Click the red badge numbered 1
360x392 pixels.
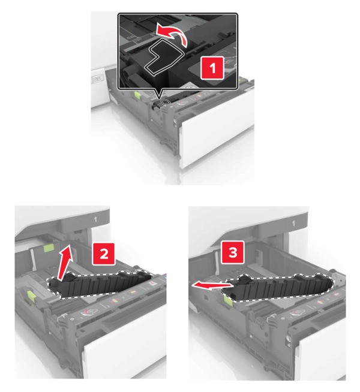(x=212, y=68)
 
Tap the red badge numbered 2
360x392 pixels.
(x=104, y=254)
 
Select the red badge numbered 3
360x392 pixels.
(x=232, y=252)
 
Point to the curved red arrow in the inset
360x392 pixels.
(x=172, y=34)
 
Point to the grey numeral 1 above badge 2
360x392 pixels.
(x=95, y=219)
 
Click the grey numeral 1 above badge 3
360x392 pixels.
(x=294, y=223)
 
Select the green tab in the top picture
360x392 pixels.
(x=137, y=95)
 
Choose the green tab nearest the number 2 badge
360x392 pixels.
(x=49, y=248)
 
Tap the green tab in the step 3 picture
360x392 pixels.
(x=228, y=298)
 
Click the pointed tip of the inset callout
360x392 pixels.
(x=158, y=98)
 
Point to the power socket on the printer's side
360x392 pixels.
(x=97, y=80)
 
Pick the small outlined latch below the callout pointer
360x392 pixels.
(x=164, y=102)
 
